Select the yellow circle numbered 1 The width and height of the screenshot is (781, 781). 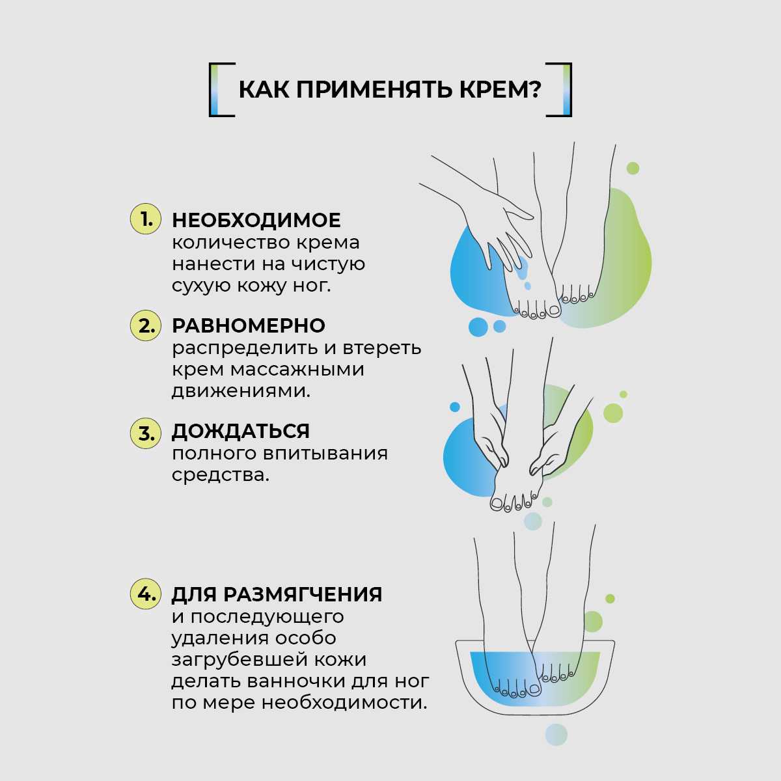145,219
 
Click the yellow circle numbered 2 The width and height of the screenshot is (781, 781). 145,325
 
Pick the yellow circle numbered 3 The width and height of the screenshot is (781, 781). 145,433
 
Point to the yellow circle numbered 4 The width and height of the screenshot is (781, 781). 145,594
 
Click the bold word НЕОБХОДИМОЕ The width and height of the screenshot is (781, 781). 256,221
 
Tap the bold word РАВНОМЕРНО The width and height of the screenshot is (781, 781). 249,326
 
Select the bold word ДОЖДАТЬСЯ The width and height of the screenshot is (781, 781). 240,432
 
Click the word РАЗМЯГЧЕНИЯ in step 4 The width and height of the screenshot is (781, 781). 303,595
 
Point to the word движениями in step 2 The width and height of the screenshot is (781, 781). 241,391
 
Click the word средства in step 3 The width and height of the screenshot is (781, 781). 220,475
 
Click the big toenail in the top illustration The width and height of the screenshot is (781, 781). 554,310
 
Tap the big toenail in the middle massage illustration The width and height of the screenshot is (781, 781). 496,504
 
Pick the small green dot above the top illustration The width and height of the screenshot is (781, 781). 633,168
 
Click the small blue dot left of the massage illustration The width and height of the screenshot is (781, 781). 455,407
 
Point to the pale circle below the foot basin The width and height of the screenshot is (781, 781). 556,734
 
